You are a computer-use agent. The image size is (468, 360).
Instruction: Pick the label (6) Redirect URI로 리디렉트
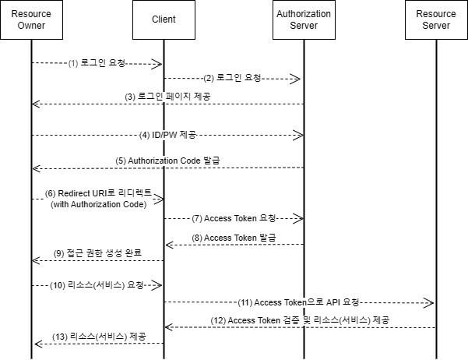click(99, 192)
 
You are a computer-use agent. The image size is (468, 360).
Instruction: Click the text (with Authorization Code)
click(98, 204)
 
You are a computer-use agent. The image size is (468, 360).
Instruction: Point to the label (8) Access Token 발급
click(233, 237)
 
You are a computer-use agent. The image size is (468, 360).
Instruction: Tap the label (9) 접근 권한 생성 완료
click(97, 252)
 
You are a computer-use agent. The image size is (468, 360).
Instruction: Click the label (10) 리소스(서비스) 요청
click(97, 285)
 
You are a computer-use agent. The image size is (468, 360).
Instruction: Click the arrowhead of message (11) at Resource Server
click(431, 302)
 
